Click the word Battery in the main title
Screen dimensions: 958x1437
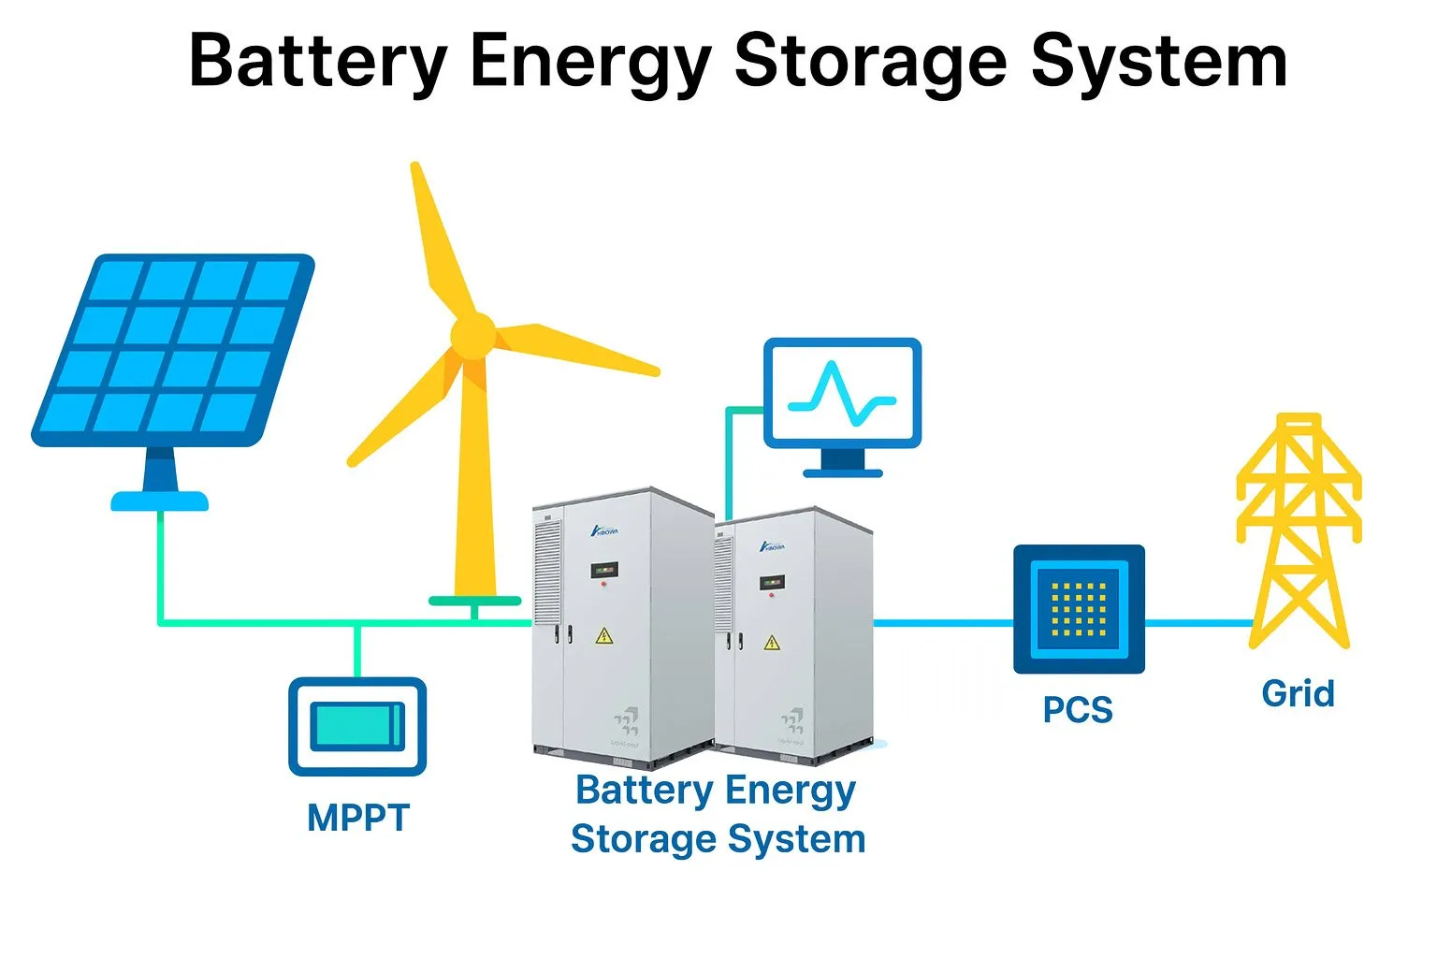pos(317,62)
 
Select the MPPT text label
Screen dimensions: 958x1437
pos(358,819)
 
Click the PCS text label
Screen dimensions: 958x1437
pos(1078,710)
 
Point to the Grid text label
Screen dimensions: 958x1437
pos(1298,694)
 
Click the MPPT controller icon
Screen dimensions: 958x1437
pos(357,726)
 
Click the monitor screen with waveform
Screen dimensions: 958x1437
pos(842,392)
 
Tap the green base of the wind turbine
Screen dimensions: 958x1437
pos(474,601)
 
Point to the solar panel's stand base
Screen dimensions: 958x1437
pos(160,501)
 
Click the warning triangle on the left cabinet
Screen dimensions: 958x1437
pos(604,637)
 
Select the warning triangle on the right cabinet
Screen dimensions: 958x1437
pos(771,642)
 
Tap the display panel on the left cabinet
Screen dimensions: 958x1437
pos(603,569)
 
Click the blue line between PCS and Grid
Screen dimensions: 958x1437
pos(1197,622)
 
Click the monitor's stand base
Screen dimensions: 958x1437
pos(842,472)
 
